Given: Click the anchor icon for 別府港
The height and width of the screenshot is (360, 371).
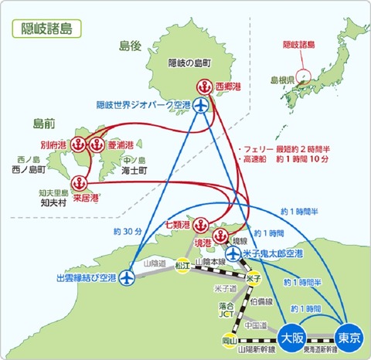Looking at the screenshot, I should pos(79,144).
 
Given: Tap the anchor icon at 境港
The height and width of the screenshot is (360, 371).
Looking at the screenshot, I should pos(216,231).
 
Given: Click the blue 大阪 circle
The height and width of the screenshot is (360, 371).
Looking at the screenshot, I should pos(291,338).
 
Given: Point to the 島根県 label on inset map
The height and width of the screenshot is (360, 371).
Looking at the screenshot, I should pos(283,80).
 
